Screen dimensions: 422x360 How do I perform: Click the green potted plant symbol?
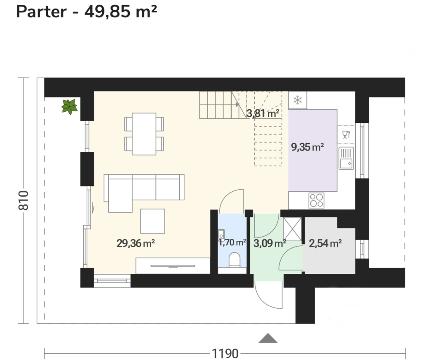coord(69,107)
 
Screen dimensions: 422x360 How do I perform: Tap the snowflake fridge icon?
coord(298,100)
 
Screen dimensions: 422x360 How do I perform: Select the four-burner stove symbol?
coord(316,200)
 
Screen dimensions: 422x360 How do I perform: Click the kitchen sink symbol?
coord(346,158)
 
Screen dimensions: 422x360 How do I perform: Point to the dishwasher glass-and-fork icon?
coord(346,134)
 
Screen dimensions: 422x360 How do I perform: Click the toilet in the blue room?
coord(234,260)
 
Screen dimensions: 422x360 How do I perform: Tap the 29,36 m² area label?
coord(136,243)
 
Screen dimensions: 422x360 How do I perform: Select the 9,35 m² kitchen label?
coord(307,147)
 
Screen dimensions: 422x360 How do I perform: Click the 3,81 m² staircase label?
coord(263,113)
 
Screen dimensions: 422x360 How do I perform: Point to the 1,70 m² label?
coord(232,242)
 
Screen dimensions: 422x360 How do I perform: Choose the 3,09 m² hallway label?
coord(270,243)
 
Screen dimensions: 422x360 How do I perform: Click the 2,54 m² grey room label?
coord(326,243)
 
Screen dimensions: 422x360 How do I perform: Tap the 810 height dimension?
coord(23,200)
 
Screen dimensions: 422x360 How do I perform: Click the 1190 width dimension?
coord(225,353)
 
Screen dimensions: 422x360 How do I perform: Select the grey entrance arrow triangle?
coord(268,338)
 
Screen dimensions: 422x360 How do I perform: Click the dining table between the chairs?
coord(144,134)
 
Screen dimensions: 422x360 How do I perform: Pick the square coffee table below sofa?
coord(152,221)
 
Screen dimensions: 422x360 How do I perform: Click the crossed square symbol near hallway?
coord(292,229)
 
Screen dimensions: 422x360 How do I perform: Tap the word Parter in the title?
coord(42,12)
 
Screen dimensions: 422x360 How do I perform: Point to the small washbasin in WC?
coord(221,235)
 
